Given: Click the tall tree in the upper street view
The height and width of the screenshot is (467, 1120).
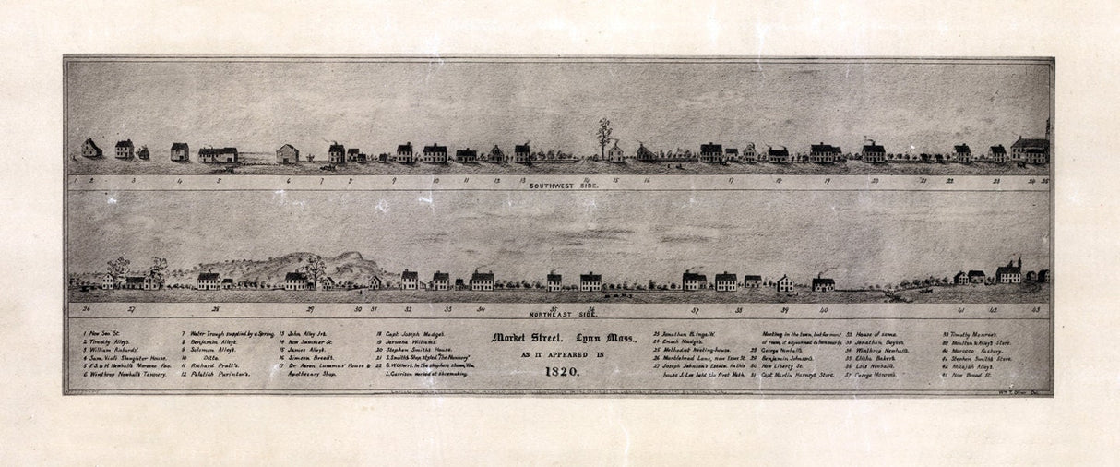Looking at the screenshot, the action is point(604,136).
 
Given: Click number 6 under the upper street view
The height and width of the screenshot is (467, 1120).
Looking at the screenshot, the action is point(289,181).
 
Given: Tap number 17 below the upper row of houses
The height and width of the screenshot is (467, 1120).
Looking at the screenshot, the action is point(731,181).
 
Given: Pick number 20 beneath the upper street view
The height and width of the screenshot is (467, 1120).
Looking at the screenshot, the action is point(875,181).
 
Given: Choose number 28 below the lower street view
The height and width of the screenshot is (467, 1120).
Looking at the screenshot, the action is point(216,310).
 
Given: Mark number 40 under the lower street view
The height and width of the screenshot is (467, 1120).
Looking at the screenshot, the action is point(823,310).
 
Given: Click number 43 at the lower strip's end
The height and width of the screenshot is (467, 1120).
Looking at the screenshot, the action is point(1036,310).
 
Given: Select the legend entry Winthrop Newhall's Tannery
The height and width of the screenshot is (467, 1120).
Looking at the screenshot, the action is point(125,374).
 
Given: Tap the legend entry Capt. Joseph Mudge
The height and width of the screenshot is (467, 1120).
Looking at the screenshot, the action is point(411,333).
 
